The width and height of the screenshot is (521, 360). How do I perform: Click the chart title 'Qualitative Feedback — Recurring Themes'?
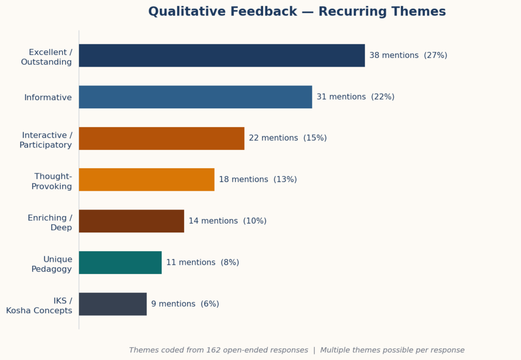point(297,12)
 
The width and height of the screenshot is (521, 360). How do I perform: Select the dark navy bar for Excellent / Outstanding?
point(221,55)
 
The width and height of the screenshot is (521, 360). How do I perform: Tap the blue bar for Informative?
point(195,97)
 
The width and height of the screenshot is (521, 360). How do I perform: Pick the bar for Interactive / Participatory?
point(161,138)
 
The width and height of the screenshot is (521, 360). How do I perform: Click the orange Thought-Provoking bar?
point(146,179)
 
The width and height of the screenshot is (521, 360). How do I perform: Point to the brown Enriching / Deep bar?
point(131,221)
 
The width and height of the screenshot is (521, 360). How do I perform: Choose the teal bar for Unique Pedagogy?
point(120,262)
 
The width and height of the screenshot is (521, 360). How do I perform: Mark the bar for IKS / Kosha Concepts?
point(112,304)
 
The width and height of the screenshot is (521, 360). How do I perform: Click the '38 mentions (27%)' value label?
point(408,55)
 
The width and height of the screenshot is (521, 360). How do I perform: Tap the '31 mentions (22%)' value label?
point(355,97)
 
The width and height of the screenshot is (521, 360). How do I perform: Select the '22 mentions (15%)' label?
point(287,138)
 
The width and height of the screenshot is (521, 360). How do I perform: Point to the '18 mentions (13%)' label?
point(257,179)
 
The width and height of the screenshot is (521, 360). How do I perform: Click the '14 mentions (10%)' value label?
point(227,221)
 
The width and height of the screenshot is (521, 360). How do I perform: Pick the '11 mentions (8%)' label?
point(202,262)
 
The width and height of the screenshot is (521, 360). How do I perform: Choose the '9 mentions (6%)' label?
point(185,304)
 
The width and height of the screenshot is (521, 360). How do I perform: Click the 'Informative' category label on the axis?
point(48,98)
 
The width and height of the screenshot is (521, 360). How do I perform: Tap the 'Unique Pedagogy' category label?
point(51,264)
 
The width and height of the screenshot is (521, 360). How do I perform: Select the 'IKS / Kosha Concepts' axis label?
point(39,306)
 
